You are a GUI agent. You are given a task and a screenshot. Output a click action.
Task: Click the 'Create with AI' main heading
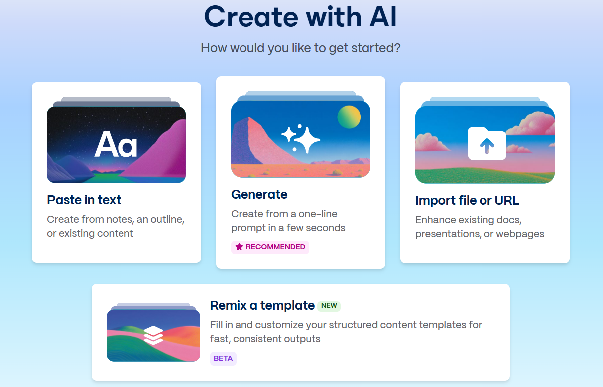300,17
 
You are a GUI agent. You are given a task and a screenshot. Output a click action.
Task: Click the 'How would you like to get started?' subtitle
301,48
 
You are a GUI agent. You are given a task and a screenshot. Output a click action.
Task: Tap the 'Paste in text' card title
84,200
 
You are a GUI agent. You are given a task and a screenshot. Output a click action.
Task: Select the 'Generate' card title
259,194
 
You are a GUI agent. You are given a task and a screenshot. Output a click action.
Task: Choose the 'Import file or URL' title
467,200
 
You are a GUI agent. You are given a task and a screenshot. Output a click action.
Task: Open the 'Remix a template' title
262,306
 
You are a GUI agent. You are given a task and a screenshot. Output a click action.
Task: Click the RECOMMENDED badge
270,247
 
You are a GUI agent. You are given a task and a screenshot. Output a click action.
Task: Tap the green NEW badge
329,306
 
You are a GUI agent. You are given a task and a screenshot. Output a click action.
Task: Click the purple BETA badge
223,358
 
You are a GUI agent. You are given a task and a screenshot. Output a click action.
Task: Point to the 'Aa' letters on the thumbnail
116,145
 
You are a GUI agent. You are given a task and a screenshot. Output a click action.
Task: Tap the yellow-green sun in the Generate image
349,117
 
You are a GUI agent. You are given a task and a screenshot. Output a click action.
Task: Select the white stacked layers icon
153,335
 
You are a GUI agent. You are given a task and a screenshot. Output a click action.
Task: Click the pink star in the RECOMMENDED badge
239,247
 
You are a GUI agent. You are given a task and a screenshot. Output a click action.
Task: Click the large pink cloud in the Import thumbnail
532,124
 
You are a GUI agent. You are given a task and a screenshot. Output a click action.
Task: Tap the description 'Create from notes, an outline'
116,220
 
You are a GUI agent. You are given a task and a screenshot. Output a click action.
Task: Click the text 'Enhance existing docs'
469,220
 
